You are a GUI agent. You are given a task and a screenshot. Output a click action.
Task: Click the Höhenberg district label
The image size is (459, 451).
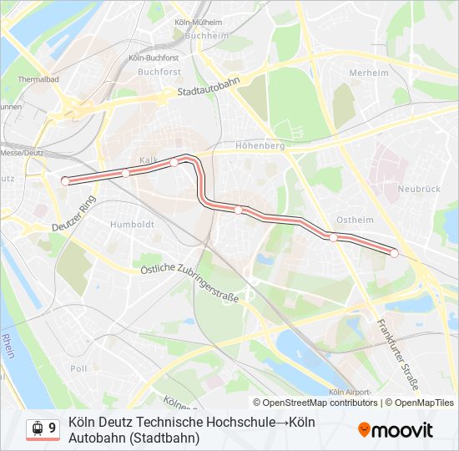point(260,145)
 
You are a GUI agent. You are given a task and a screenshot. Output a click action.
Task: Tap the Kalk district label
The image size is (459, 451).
point(149,160)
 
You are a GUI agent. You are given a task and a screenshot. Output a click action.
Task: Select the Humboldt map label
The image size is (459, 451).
point(133,225)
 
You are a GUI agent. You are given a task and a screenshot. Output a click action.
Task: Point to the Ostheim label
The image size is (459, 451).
point(351,220)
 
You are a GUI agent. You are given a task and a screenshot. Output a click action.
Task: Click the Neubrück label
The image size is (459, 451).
point(419,189)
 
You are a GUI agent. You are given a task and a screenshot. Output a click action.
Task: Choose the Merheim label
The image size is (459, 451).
point(369,73)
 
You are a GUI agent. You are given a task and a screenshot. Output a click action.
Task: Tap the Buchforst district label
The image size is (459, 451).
point(159,72)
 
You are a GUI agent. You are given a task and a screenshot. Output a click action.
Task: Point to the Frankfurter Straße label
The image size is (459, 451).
point(396,354)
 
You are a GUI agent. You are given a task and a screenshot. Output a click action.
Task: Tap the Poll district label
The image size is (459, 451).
point(78,368)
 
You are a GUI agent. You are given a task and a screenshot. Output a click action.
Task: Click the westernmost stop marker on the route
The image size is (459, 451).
point(65,180)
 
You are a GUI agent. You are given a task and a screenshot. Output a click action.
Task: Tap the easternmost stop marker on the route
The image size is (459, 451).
point(394,252)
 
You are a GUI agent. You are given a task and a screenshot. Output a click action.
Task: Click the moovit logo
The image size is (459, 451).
point(396,430)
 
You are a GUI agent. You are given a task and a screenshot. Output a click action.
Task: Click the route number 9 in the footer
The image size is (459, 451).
point(53,428)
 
